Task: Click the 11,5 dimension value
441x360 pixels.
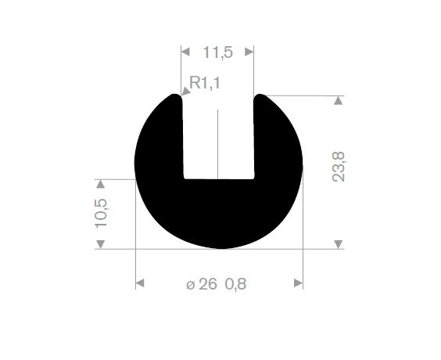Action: point(217,52)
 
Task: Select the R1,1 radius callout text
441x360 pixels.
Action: point(204,83)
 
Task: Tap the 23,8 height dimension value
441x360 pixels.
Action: point(339,167)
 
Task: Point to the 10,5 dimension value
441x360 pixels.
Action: point(101,213)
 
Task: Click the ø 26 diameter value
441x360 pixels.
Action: point(202,284)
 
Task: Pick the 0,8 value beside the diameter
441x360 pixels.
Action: point(235,284)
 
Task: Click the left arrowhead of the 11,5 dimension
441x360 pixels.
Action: point(185,52)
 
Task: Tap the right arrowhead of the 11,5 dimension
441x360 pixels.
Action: point(249,52)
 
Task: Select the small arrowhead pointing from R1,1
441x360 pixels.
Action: point(185,92)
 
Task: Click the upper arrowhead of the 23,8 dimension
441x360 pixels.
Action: point(338,100)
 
